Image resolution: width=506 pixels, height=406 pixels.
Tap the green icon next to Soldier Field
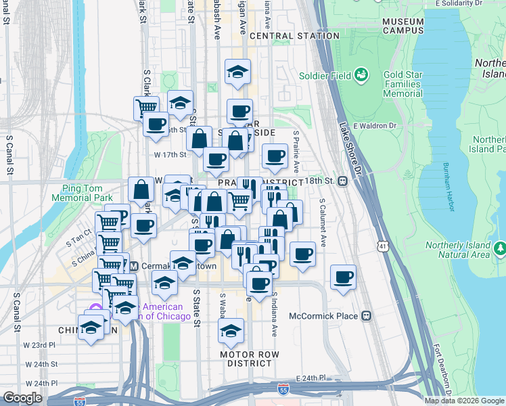[x=361, y=74]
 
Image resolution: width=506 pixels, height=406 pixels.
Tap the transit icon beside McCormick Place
[x=367, y=315]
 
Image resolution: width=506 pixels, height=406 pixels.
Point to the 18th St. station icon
[x=344, y=181]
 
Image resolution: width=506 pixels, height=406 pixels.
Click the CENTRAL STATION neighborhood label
[x=294, y=36]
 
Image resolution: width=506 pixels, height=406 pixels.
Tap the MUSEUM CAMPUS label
[x=402, y=26]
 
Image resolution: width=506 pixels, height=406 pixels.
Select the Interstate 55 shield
[x=282, y=389]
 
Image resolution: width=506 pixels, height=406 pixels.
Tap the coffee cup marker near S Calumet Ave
[x=344, y=277]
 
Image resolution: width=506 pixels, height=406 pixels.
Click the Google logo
[x=22, y=398]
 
